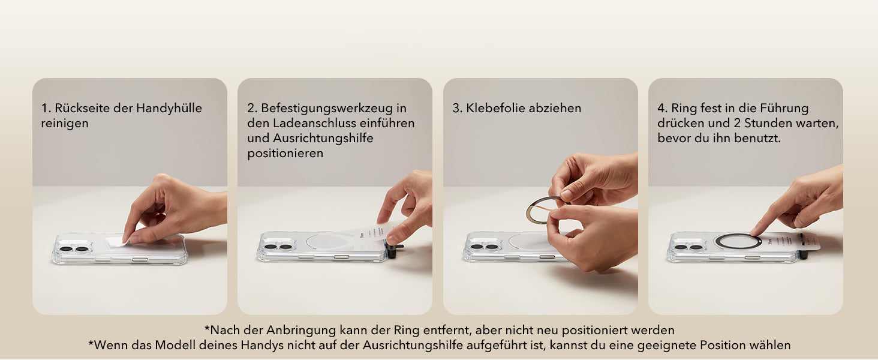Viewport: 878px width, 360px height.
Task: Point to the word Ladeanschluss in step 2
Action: pyautogui.click(x=314, y=123)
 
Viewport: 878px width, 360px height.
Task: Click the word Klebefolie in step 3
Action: pyautogui.click(x=495, y=108)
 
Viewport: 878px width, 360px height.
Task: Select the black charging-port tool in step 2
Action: pyautogui.click(x=394, y=250)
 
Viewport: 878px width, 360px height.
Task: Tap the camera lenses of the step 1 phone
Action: pyautogui.click(x=74, y=249)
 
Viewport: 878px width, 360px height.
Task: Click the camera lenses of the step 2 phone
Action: pyautogui.click(x=279, y=247)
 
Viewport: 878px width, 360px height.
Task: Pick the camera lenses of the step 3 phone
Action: pyautogui.click(x=484, y=247)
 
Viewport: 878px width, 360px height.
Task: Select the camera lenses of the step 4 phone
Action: pyautogui.click(x=688, y=247)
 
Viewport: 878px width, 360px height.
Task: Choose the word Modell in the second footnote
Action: pyautogui.click(x=175, y=345)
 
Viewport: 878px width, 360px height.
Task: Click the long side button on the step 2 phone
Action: pyautogui.click(x=341, y=257)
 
